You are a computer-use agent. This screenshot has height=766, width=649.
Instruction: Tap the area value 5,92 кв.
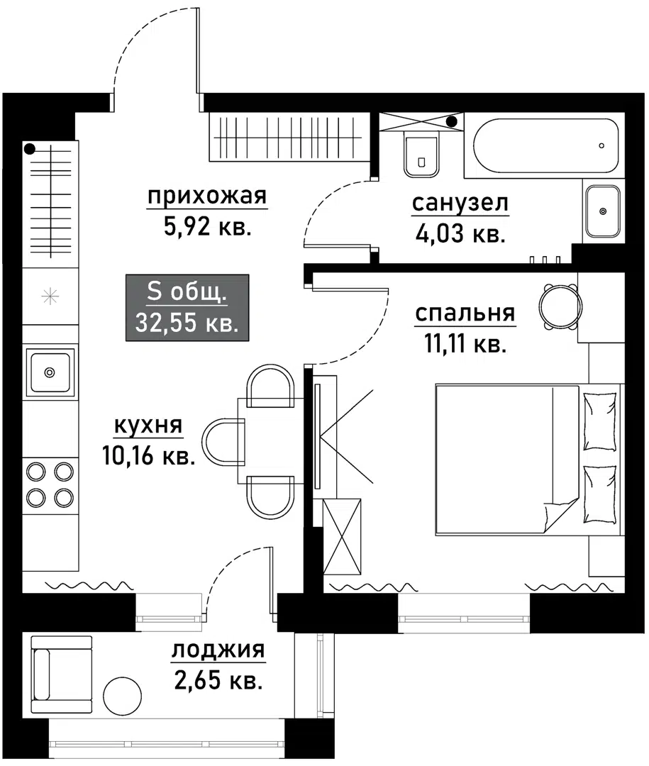206,228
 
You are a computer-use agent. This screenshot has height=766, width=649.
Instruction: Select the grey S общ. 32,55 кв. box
187,307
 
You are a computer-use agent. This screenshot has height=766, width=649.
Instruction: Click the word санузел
460,204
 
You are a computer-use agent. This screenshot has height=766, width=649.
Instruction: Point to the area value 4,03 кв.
460,234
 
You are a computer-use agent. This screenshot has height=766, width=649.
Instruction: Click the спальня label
465,313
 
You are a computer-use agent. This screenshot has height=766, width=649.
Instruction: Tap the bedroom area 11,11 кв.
465,345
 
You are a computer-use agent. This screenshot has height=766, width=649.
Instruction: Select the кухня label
148,426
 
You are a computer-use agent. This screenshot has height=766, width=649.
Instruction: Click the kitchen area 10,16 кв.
148,457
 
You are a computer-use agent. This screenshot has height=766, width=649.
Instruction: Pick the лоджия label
218,650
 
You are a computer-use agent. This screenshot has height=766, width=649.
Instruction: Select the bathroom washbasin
602,211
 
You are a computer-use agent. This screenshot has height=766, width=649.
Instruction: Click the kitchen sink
50,372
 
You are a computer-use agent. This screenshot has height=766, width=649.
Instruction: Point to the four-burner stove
50,484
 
